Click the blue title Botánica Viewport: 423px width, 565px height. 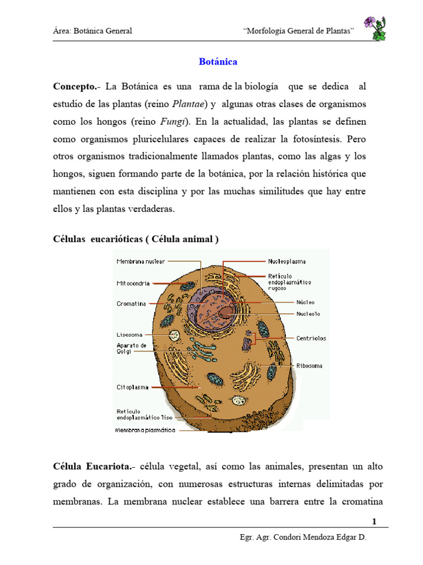pos(218,62)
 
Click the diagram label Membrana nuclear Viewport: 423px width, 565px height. pos(140,262)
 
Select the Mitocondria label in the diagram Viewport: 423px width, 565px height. pos(133,284)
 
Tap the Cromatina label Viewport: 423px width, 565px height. pos(131,303)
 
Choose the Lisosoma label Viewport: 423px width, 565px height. pos(129,334)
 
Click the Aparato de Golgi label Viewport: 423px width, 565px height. pos(132,348)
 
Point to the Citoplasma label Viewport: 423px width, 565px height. pos(132,387)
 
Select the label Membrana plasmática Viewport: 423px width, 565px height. pos(145,429)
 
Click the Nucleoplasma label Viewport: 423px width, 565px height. pos(287,262)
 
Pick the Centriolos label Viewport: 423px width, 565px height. pos(311,338)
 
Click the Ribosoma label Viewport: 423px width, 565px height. pos(310,365)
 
